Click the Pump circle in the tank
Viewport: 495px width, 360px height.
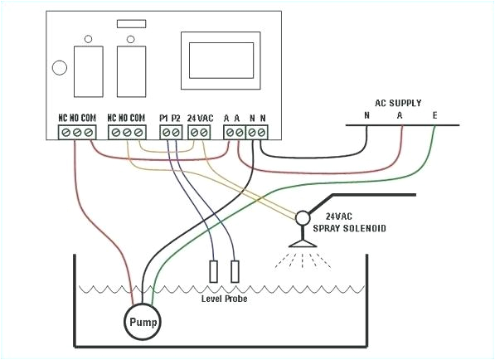tap(142, 321)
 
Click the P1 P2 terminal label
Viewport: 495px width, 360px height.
tap(169, 118)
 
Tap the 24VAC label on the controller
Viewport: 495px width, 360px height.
tap(202, 118)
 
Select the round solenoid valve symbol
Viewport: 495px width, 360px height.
tap(302, 217)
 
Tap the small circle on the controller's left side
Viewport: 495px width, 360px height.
tap(60, 69)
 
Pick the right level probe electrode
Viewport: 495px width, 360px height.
tap(235, 270)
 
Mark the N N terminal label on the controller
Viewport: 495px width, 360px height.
tap(257, 118)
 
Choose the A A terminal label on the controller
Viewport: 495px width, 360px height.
tap(231, 118)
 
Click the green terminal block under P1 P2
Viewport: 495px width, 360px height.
tap(170, 132)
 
